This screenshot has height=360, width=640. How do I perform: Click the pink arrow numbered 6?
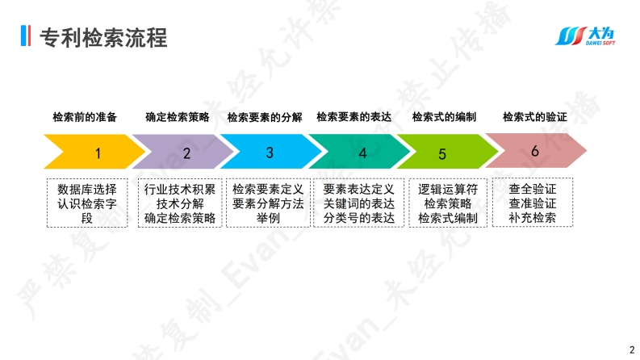[534, 152]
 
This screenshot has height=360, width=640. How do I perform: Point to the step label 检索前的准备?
[85, 117]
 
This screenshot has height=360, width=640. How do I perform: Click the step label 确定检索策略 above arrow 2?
[178, 117]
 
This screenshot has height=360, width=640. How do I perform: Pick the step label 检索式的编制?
[444, 117]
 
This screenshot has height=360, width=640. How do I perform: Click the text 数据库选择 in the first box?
[87, 190]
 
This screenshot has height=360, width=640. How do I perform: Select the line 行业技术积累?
[180, 190]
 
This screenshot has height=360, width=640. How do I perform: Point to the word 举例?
[268, 218]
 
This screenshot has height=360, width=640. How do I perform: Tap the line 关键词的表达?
[358, 204]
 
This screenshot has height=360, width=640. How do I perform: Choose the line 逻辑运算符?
[447, 190]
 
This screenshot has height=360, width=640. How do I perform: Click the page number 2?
[631, 349]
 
